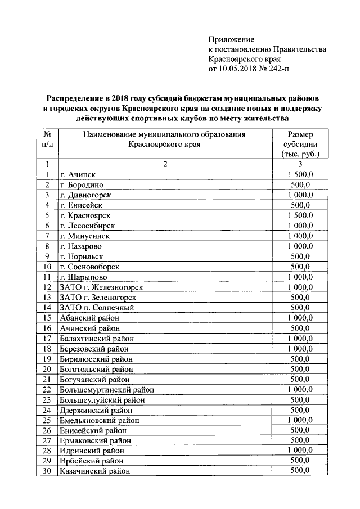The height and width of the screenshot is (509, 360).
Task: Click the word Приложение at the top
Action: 231,39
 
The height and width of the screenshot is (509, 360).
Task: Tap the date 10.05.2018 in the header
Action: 238,70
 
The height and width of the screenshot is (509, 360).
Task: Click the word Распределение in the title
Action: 77,98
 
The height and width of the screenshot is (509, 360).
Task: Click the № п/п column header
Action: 48,139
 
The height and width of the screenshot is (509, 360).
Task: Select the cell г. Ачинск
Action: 78,175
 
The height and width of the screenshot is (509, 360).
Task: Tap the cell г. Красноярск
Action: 85,215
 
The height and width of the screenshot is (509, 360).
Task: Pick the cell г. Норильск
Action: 82,256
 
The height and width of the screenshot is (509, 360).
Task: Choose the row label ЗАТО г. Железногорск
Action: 101,287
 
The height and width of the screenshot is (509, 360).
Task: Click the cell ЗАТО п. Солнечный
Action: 97,308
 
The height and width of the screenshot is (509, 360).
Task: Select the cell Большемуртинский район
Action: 106,389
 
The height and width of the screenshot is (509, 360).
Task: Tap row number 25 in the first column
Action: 47,420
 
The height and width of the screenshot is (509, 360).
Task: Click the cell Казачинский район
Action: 94,471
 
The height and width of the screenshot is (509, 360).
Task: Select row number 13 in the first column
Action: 47,298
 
